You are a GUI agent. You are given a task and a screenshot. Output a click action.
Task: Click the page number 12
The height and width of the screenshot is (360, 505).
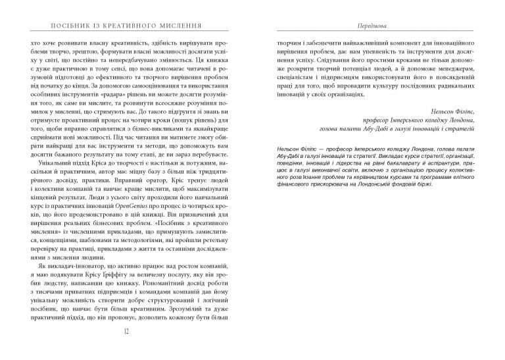[x=126, y=349]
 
